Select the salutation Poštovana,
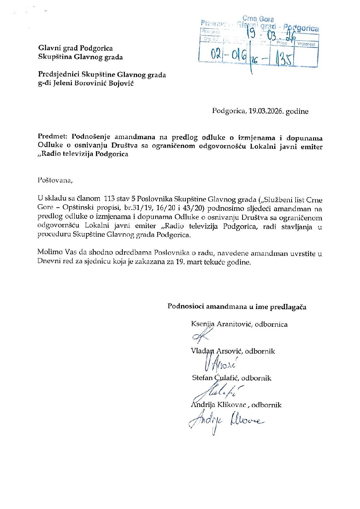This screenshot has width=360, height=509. coord(55,180)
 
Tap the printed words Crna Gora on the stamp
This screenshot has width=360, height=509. coord(258,19)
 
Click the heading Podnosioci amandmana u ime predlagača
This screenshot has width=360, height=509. coord(237,307)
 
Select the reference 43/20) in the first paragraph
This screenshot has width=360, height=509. coord(192,208)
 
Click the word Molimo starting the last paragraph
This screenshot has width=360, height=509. coord(50,252)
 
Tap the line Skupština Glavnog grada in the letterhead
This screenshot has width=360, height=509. coord(80,57)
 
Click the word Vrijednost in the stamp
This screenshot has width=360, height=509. coord(306,44)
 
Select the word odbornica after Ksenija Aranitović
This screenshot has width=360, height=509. coord(271,324)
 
